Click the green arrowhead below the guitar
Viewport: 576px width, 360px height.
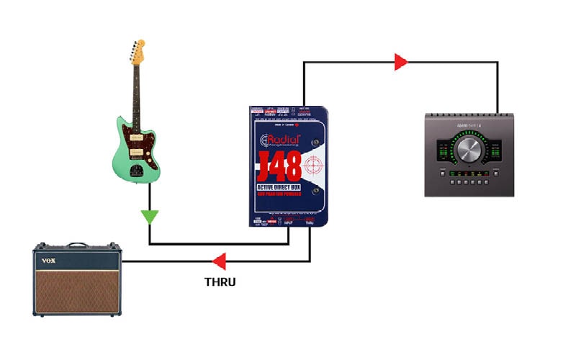(149, 216)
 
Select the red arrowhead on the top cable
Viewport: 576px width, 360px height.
(401, 62)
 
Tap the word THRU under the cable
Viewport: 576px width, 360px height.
(220, 282)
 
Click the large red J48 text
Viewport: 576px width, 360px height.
(281, 164)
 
